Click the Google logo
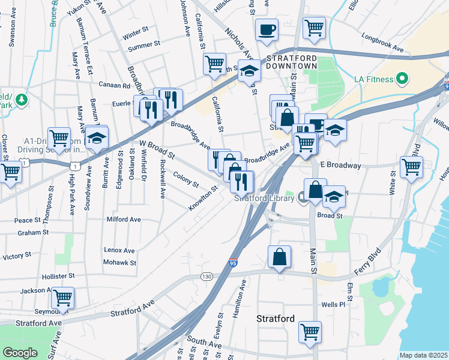[20, 353]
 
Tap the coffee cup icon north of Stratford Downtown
[267, 28]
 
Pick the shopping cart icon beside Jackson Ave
[62, 297]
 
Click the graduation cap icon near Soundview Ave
[95, 138]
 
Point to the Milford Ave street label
[124, 220]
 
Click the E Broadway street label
[340, 164]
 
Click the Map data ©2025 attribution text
[423, 355]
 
